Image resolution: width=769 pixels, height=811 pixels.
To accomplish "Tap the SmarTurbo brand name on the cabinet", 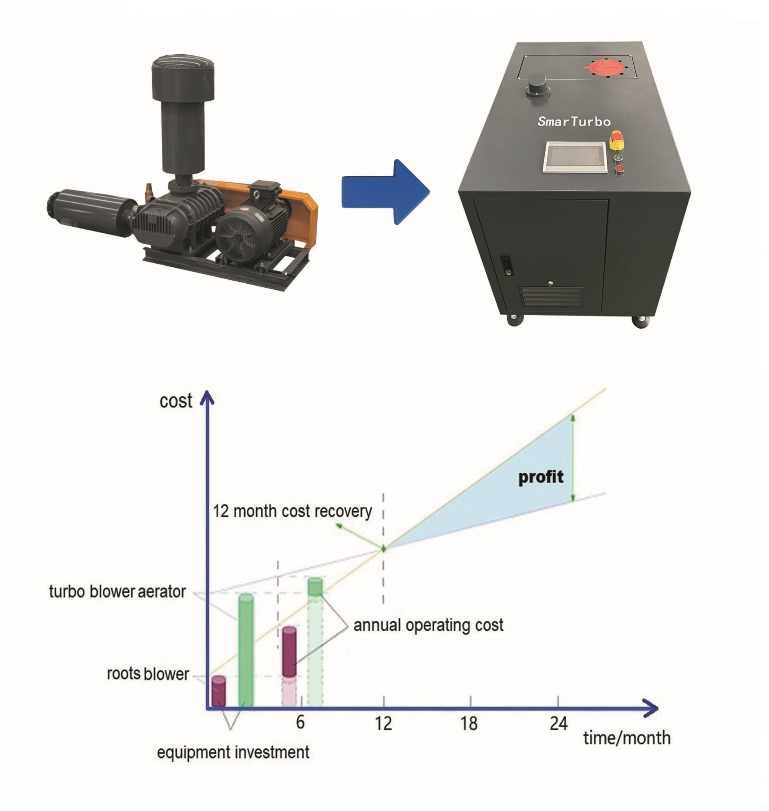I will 574,121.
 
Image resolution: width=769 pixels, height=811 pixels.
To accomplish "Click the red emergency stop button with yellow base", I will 616,140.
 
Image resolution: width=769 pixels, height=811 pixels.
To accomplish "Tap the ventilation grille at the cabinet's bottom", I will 552,297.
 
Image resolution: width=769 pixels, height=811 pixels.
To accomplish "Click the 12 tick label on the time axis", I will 383,723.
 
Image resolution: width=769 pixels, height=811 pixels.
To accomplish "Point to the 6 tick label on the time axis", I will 300,722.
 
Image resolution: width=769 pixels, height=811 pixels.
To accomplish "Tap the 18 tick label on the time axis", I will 469,723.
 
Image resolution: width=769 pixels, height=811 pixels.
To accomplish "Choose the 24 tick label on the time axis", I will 558,723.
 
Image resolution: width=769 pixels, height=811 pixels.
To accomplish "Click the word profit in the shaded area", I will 541,477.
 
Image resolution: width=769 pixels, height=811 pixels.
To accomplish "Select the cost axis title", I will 176,401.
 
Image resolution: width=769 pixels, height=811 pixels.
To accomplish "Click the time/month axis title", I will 627,738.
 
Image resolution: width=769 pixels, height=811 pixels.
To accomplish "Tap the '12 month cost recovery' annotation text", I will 292,511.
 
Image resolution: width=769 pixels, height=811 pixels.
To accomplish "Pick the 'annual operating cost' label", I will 429,625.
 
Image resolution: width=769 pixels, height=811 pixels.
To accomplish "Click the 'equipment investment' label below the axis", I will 233,752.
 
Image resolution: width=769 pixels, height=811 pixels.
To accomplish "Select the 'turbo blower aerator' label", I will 117,591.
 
